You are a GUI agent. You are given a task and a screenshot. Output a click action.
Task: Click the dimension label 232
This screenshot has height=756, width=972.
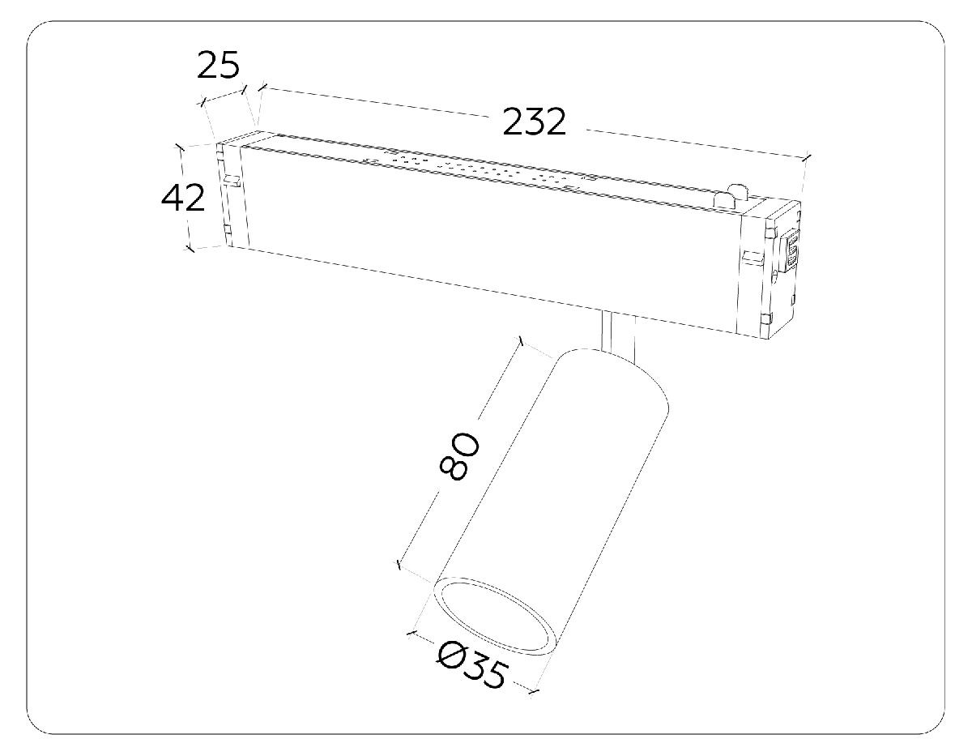(x=533, y=122)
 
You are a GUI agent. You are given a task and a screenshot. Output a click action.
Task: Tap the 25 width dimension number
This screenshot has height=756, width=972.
(x=219, y=66)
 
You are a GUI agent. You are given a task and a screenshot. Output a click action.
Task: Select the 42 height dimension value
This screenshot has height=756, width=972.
(x=183, y=198)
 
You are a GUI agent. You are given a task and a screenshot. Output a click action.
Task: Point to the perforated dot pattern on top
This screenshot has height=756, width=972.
(x=478, y=168)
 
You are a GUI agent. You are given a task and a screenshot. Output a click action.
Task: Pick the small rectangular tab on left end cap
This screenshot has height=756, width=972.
(x=232, y=179)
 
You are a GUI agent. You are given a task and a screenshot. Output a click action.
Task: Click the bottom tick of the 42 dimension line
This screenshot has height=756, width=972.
(x=190, y=248)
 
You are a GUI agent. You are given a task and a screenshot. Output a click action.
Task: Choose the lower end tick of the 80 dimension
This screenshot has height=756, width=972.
(x=399, y=565)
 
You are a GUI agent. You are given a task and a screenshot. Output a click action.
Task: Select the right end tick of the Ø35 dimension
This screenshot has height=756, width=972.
(x=534, y=690)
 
